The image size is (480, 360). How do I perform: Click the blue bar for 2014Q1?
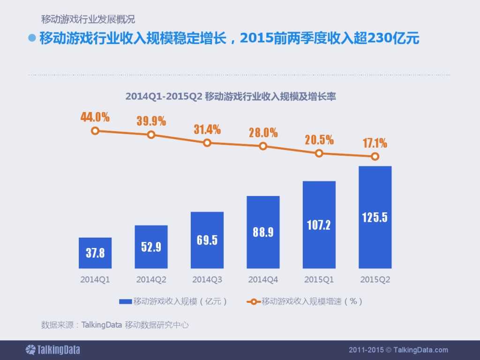click(x=95, y=253)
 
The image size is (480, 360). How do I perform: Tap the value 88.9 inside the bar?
click(x=263, y=232)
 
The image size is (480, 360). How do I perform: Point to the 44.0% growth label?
click(x=95, y=117)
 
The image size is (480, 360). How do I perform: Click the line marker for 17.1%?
click(x=375, y=157)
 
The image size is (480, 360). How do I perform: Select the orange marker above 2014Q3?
click(x=207, y=143)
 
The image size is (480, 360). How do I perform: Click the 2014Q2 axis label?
click(x=151, y=280)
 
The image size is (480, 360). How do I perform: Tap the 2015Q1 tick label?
click(x=319, y=280)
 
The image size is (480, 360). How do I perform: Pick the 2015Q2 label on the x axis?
click(x=375, y=280)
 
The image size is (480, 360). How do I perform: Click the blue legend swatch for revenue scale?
click(x=125, y=301)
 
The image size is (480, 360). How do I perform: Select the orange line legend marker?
click(x=253, y=301)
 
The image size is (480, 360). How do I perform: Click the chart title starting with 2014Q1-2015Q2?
click(x=231, y=97)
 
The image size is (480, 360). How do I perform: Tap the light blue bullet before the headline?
click(x=32, y=38)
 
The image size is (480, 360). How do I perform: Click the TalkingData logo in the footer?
click(x=52, y=350)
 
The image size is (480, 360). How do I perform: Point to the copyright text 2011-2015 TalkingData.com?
click(x=398, y=350)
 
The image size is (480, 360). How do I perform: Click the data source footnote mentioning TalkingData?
click(x=115, y=324)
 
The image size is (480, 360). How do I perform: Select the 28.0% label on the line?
click(x=263, y=133)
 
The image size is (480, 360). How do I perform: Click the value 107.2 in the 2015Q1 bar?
click(x=319, y=225)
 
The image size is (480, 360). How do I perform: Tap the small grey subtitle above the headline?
click(x=88, y=20)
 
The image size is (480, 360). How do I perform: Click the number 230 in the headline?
click(x=380, y=38)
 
